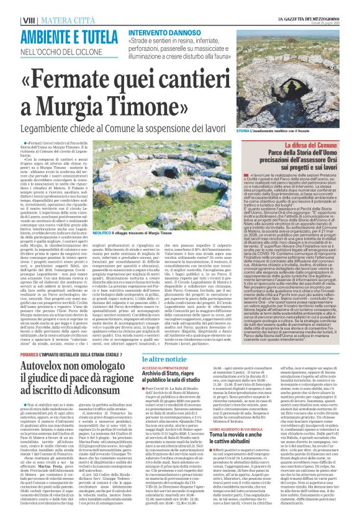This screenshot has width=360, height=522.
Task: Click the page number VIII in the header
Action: coord(11,7)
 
